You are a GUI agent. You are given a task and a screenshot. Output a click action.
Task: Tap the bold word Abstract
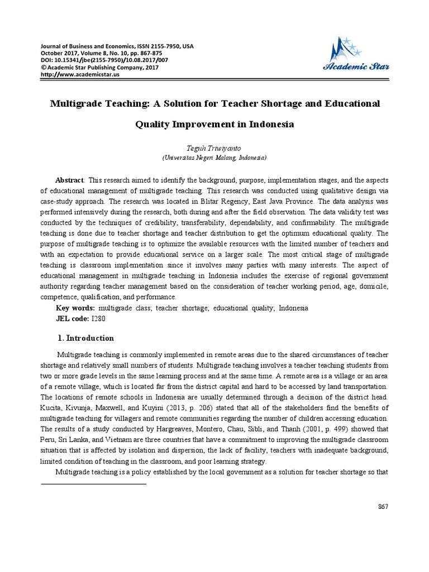coord(69,180)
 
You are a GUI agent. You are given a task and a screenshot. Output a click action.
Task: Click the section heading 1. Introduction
coord(86,338)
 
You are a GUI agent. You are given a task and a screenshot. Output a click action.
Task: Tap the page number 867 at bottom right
coord(383,506)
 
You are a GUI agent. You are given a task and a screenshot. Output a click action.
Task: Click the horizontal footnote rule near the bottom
coord(94,483)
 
